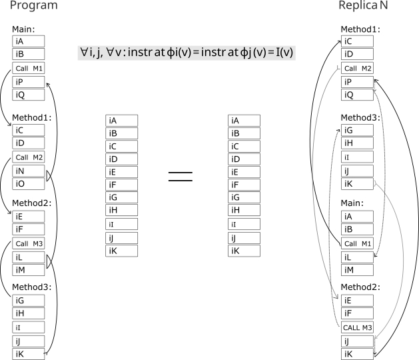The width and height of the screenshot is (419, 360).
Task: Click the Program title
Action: pyautogui.click(x=29, y=6)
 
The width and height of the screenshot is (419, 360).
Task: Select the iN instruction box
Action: pyautogui.click(x=28, y=171)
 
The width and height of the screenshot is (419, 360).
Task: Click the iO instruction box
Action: pyautogui.click(x=28, y=184)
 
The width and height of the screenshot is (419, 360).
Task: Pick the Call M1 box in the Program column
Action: pyautogui.click(x=28, y=69)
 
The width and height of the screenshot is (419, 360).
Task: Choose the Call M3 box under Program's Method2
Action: pyautogui.click(x=28, y=243)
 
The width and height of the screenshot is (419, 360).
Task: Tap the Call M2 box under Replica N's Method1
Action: pyautogui.click(x=356, y=69)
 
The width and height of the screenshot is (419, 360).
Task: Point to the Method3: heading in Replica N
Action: pyautogui.click(x=360, y=117)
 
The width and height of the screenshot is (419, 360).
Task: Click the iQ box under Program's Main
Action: pyautogui.click(x=28, y=95)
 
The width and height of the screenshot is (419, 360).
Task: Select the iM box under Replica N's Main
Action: pyautogui.click(x=356, y=270)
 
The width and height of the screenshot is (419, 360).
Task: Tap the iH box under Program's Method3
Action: pyautogui.click(x=28, y=314)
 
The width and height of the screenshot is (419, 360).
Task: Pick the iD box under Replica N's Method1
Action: pyautogui.click(x=356, y=54)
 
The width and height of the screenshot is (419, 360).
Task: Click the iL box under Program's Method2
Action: pyautogui.click(x=28, y=257)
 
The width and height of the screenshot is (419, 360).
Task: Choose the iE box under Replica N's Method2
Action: pyautogui.click(x=356, y=299)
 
